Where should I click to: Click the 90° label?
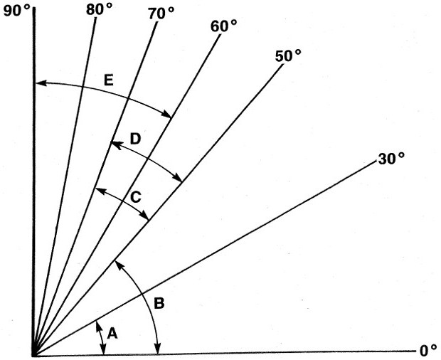point(16,12)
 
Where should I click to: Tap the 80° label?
point(99,10)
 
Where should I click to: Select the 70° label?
point(161,14)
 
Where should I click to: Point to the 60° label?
point(223,27)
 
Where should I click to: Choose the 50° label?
point(288,55)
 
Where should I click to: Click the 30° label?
point(391,159)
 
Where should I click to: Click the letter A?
point(112,334)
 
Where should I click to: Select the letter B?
point(159,304)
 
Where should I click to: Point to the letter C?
point(136,197)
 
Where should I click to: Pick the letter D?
point(135,139)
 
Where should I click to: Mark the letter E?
point(109,80)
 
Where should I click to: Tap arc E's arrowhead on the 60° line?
point(166,114)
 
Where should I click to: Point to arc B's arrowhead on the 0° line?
point(158,349)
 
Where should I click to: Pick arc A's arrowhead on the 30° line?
point(98,326)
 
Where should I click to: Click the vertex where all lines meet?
point(34,354)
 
